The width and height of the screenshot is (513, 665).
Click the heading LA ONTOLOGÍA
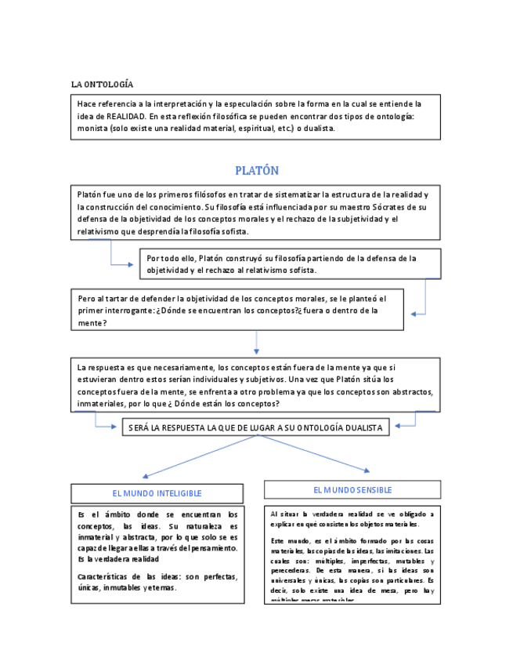coord(102,84)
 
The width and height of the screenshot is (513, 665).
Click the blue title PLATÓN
coord(257,170)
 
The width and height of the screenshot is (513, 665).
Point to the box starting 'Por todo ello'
coord(290,263)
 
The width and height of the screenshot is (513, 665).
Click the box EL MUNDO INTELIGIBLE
coord(157,493)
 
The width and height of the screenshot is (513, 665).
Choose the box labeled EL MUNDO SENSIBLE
coord(352,490)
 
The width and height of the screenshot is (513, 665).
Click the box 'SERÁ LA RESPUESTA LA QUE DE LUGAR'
coord(256,427)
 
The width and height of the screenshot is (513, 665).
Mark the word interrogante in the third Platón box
coord(131,311)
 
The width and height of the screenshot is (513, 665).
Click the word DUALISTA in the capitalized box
coord(358,427)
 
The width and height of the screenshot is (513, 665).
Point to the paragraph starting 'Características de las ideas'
coord(157,581)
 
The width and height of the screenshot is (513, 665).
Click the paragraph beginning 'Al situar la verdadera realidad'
coord(352,518)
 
